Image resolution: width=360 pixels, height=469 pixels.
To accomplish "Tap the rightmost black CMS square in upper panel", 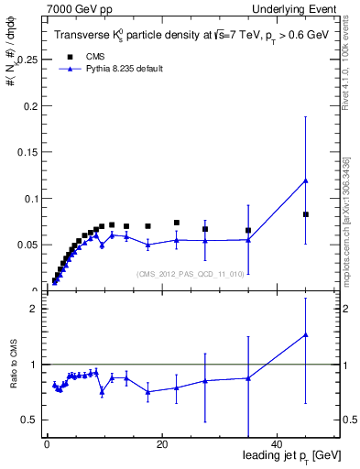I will [306, 214].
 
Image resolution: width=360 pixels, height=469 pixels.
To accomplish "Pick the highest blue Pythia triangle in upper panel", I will [306, 180].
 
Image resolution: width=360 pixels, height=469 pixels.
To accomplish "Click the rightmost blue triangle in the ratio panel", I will [306, 335].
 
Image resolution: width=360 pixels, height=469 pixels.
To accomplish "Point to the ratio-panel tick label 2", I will [33, 309].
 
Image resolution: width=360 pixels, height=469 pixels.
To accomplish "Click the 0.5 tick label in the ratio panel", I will [29, 420].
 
